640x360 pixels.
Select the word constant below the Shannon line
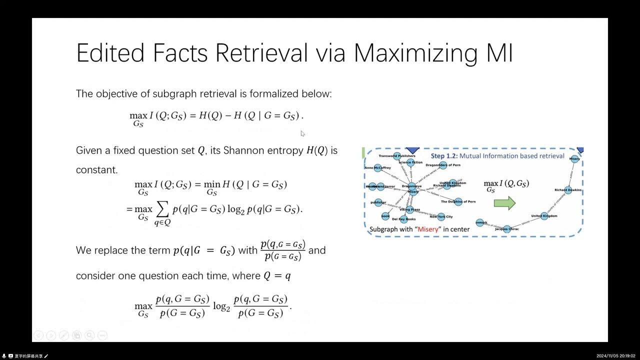tap(97, 170)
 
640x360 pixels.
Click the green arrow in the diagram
tap(504, 202)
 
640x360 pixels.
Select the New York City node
tap(440, 216)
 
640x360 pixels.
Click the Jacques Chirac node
tap(507, 229)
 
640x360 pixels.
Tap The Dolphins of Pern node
tap(458, 202)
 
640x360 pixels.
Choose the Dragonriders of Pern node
tap(442, 165)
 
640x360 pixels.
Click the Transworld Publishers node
tap(397, 156)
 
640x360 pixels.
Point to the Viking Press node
tap(409, 209)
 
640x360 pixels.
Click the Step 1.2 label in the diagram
tap(443, 156)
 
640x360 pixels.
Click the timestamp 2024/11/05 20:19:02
tap(616, 356)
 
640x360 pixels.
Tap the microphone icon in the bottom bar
tap(4, 356)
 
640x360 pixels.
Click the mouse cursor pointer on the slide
tap(302, 133)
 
